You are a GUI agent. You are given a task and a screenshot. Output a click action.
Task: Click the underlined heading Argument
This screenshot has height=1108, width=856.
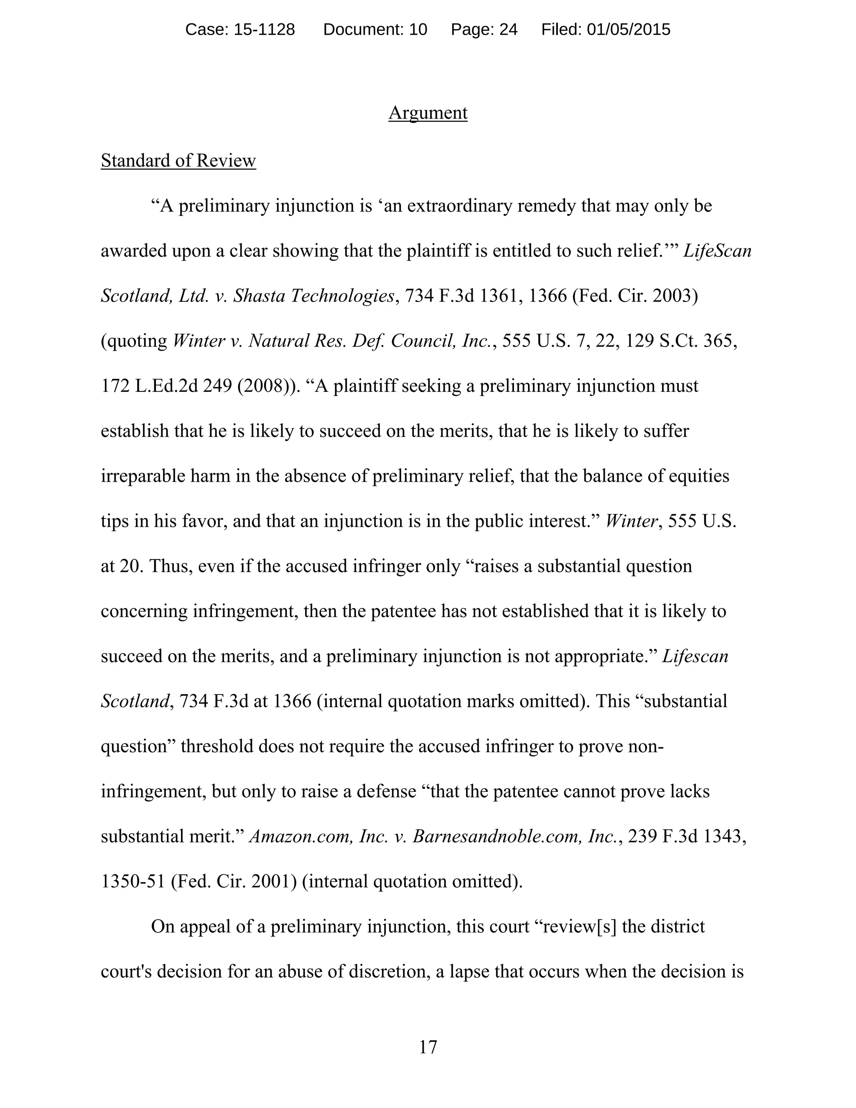click(428, 112)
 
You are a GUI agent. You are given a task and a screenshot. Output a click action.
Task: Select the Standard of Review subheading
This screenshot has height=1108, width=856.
click(178, 161)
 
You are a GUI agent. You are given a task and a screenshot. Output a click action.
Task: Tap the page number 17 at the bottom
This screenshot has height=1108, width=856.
click(428, 1047)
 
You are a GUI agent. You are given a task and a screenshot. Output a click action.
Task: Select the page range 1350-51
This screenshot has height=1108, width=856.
click(133, 882)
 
